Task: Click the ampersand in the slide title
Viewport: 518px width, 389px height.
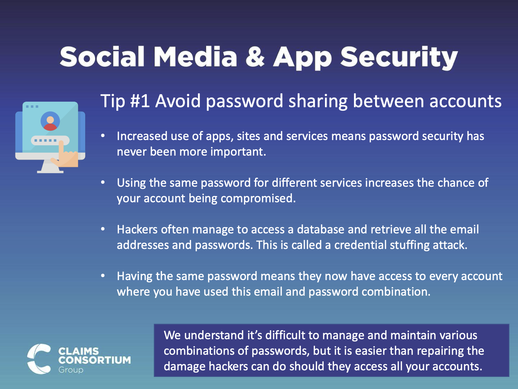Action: pyautogui.click(x=255, y=57)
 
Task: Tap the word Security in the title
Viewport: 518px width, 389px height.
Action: pyautogui.click(x=399, y=58)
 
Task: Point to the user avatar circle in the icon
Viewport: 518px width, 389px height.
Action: pyautogui.click(x=50, y=121)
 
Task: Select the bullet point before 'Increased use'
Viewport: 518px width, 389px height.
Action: pyautogui.click(x=103, y=136)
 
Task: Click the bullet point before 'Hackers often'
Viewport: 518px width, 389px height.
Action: pyautogui.click(x=103, y=229)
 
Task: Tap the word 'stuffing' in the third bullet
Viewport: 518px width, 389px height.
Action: pyautogui.click(x=410, y=245)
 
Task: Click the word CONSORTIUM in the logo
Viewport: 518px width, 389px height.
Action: pyautogui.click(x=95, y=360)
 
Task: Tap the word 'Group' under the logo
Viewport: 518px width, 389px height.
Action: pyautogui.click(x=71, y=370)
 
